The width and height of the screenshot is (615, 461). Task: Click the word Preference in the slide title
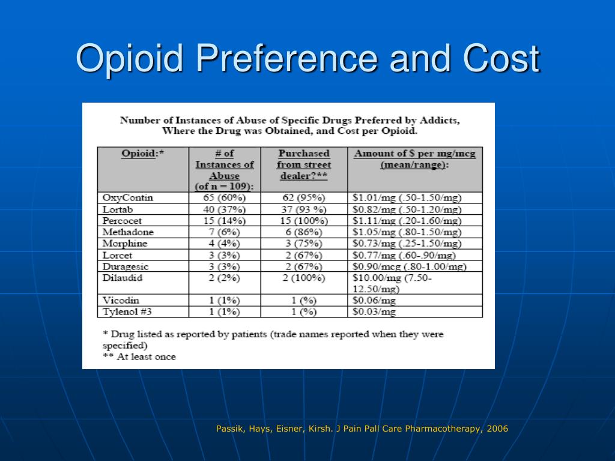(x=286, y=58)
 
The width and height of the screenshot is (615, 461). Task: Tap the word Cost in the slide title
(x=501, y=58)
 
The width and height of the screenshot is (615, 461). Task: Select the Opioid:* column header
(x=142, y=153)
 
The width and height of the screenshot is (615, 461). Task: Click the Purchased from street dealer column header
(x=303, y=164)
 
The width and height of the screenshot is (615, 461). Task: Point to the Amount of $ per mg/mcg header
(x=414, y=159)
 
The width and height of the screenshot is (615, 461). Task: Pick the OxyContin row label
(x=127, y=198)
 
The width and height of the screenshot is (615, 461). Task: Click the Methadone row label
(x=128, y=232)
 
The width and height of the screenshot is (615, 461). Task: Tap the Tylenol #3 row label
(x=127, y=312)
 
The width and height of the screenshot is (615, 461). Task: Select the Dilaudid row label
(x=123, y=278)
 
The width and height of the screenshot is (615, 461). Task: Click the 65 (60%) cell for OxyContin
(x=225, y=197)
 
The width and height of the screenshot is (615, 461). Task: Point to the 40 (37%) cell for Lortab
(x=225, y=209)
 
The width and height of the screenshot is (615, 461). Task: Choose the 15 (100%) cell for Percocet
(x=303, y=221)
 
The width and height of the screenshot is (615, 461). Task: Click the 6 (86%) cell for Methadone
(x=303, y=232)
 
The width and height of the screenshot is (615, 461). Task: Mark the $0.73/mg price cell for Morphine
(x=407, y=244)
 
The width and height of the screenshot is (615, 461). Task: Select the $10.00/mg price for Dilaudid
(x=392, y=283)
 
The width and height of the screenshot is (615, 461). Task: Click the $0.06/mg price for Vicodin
(x=374, y=301)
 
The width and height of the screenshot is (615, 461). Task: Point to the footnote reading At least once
(x=139, y=357)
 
